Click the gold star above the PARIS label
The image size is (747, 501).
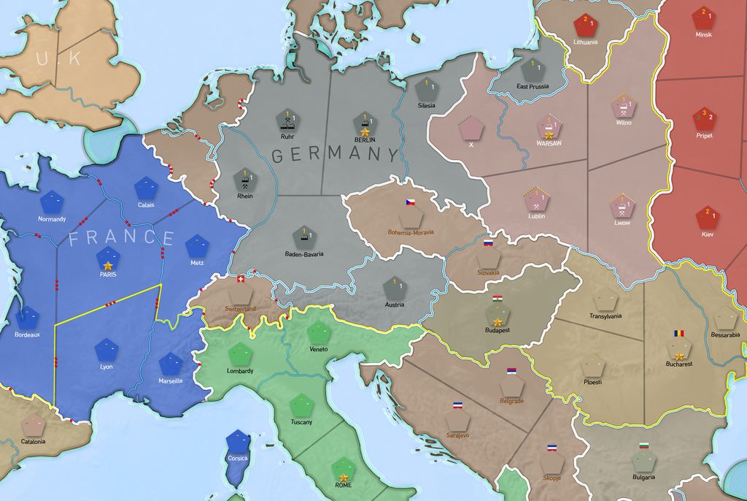(x=108, y=265)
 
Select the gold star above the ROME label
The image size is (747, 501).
(x=343, y=478)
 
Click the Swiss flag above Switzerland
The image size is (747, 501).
(x=242, y=280)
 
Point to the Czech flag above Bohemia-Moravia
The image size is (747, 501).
(x=410, y=202)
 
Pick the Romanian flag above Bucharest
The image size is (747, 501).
(x=679, y=334)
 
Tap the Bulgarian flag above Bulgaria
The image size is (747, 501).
(x=643, y=445)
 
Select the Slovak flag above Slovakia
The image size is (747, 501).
(x=488, y=242)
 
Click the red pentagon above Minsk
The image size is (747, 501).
(x=703, y=18)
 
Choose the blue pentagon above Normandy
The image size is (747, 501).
(x=52, y=202)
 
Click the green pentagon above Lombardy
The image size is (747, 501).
(x=240, y=355)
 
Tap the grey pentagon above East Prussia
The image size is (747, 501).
(x=533, y=70)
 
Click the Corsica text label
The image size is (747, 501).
(x=238, y=459)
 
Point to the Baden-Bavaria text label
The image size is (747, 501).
(x=303, y=254)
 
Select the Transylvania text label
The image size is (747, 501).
(x=605, y=316)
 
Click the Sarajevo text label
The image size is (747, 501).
(x=457, y=435)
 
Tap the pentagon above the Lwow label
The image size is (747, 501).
(x=622, y=207)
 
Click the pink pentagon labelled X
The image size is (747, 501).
(x=471, y=129)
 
